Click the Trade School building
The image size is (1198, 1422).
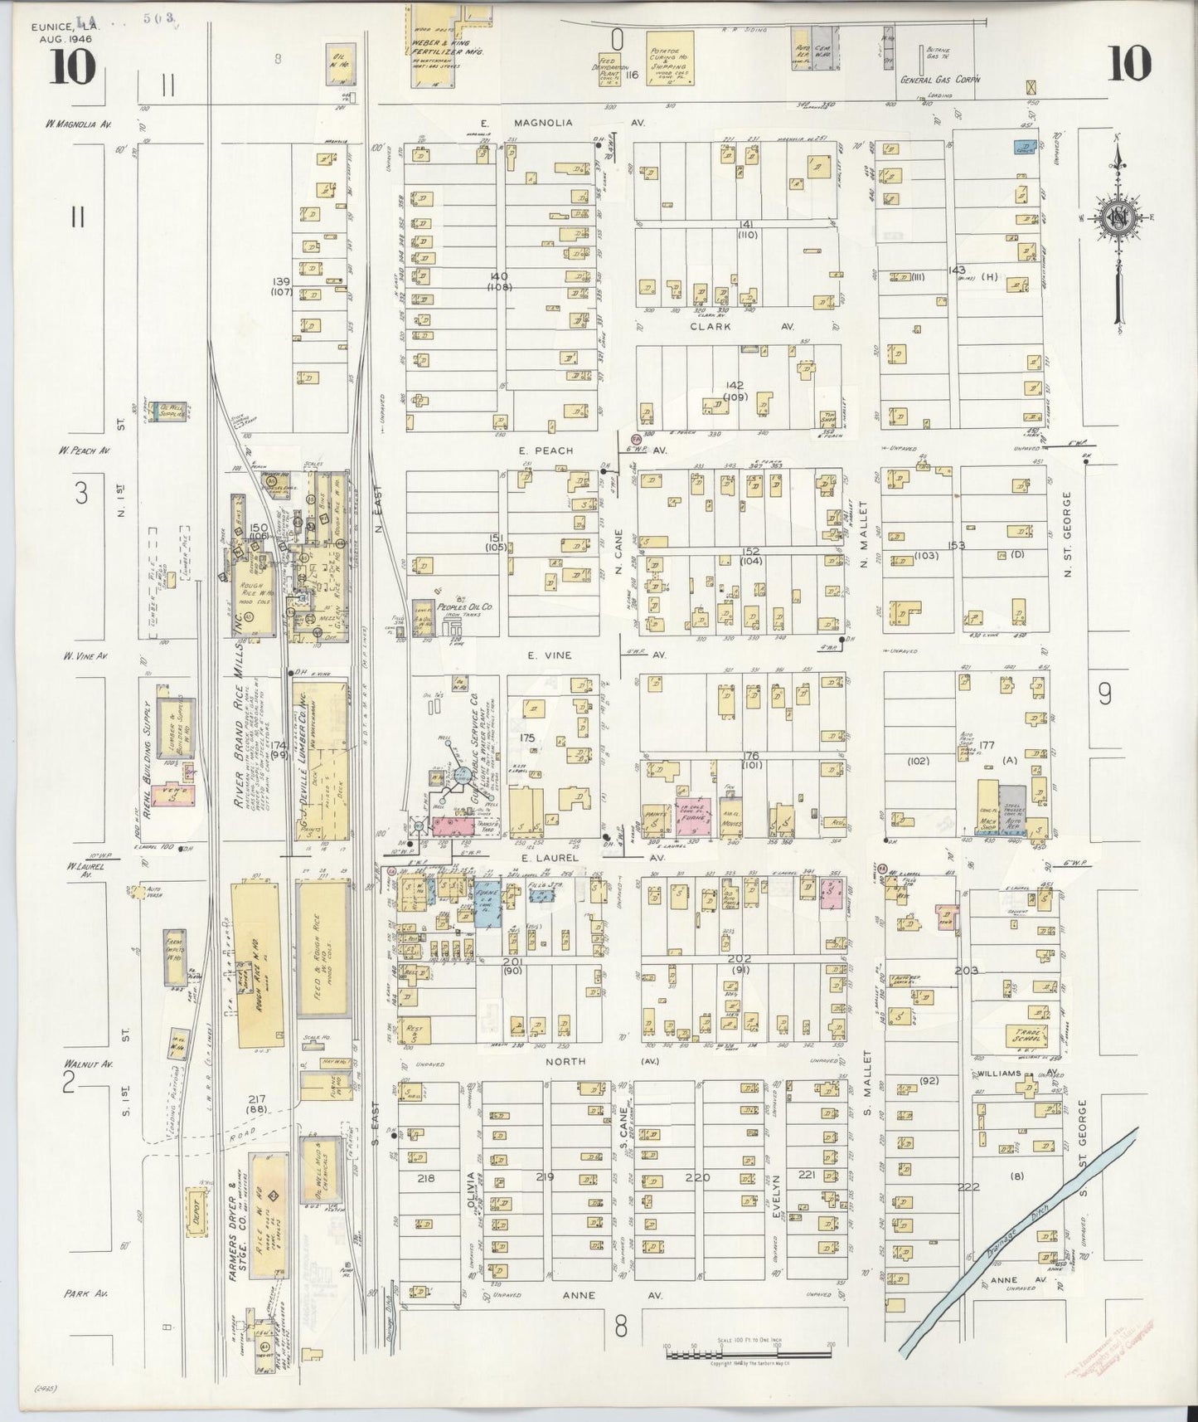pyautogui.click(x=1028, y=1035)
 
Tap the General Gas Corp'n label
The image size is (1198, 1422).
pyautogui.click(x=940, y=80)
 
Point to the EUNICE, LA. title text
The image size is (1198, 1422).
pyautogui.click(x=63, y=27)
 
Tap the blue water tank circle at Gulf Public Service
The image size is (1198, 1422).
pyautogui.click(x=460, y=776)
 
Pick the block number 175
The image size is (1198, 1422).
pyautogui.click(x=526, y=737)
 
